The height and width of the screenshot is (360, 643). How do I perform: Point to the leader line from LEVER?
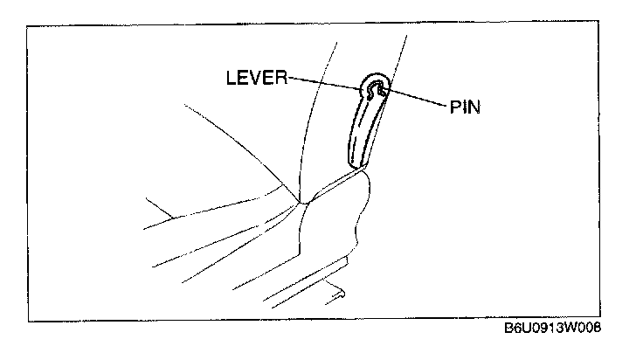click(324, 83)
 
